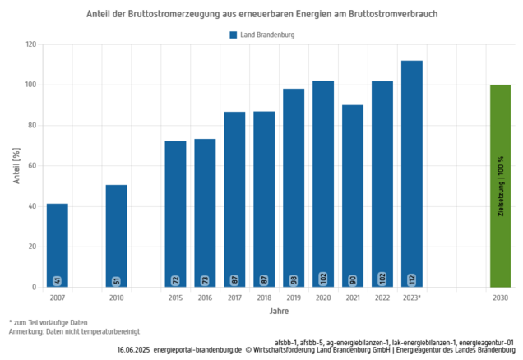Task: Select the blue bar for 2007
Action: click(57, 245)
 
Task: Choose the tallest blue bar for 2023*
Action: click(412, 173)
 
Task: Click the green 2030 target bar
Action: click(500, 186)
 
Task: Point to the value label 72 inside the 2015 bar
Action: click(175, 280)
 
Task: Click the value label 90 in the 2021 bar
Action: click(353, 280)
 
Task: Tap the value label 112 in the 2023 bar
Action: click(412, 279)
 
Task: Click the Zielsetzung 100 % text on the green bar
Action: click(500, 186)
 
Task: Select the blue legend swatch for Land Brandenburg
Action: click(234, 35)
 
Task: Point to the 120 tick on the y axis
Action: click(30, 44)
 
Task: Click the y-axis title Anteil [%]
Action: click(16, 165)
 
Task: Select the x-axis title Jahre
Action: click(278, 312)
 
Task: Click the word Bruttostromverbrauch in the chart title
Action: click(391, 15)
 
